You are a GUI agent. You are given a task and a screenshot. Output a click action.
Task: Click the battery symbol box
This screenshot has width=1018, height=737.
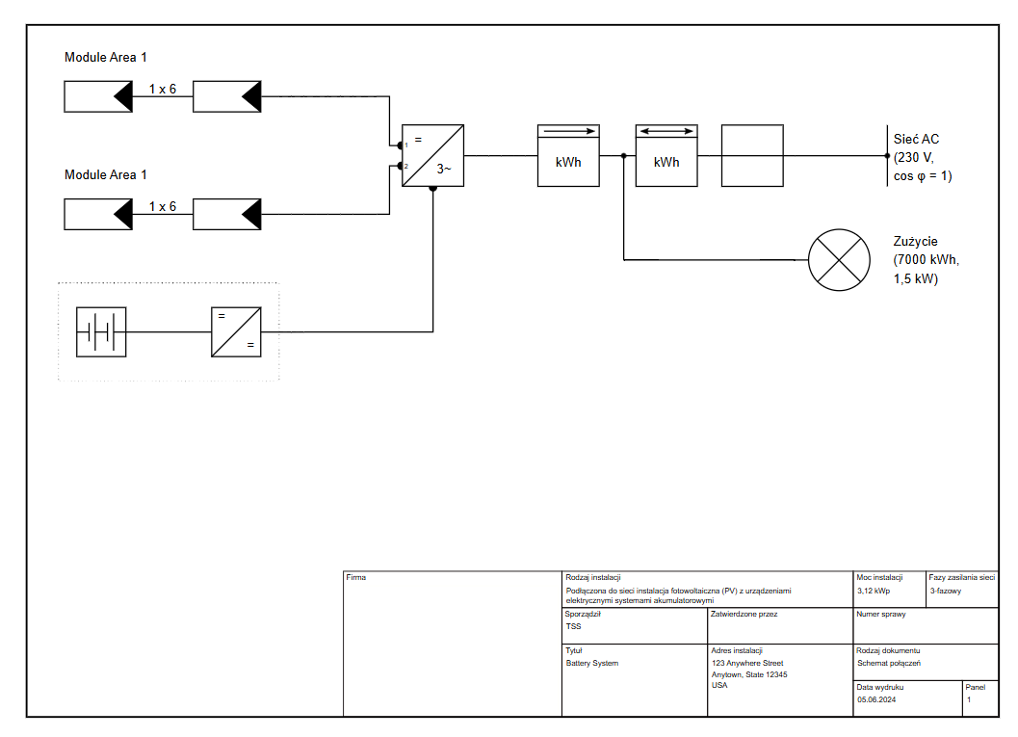tap(101, 332)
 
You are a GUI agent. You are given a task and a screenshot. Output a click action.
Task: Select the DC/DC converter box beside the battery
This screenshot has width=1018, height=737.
tap(236, 332)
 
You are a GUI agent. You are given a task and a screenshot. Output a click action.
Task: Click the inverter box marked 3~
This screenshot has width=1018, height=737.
tap(432, 155)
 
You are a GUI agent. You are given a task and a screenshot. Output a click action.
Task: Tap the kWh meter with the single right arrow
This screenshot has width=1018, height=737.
tap(568, 155)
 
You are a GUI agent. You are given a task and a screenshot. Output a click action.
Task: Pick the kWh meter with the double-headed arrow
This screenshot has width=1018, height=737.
tap(666, 155)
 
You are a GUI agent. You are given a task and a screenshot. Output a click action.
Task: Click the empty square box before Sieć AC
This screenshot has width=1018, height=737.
tap(752, 155)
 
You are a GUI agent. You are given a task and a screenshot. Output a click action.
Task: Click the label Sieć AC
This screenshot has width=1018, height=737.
tap(916, 139)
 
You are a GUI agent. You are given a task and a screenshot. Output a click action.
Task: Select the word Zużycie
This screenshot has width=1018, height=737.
tap(915, 242)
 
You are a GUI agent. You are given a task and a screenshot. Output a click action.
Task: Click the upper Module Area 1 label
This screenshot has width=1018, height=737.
tap(106, 58)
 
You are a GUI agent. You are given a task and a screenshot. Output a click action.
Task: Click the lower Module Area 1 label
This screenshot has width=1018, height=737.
tap(106, 174)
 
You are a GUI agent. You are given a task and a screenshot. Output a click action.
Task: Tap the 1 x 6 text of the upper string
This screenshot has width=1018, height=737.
tap(163, 89)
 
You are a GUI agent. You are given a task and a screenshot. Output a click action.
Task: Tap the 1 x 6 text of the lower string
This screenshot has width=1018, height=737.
tap(163, 206)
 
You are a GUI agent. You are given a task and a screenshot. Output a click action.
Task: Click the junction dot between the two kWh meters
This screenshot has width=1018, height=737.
tap(624, 155)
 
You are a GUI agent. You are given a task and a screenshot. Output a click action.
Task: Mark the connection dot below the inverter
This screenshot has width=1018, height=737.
tap(432, 189)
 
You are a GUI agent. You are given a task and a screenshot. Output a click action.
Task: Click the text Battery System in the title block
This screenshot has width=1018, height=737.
tap(591, 663)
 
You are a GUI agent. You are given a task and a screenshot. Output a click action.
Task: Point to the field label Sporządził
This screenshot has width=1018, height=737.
tap(584, 614)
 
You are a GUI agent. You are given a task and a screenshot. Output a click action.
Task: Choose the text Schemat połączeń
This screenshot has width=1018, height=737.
tap(889, 663)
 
